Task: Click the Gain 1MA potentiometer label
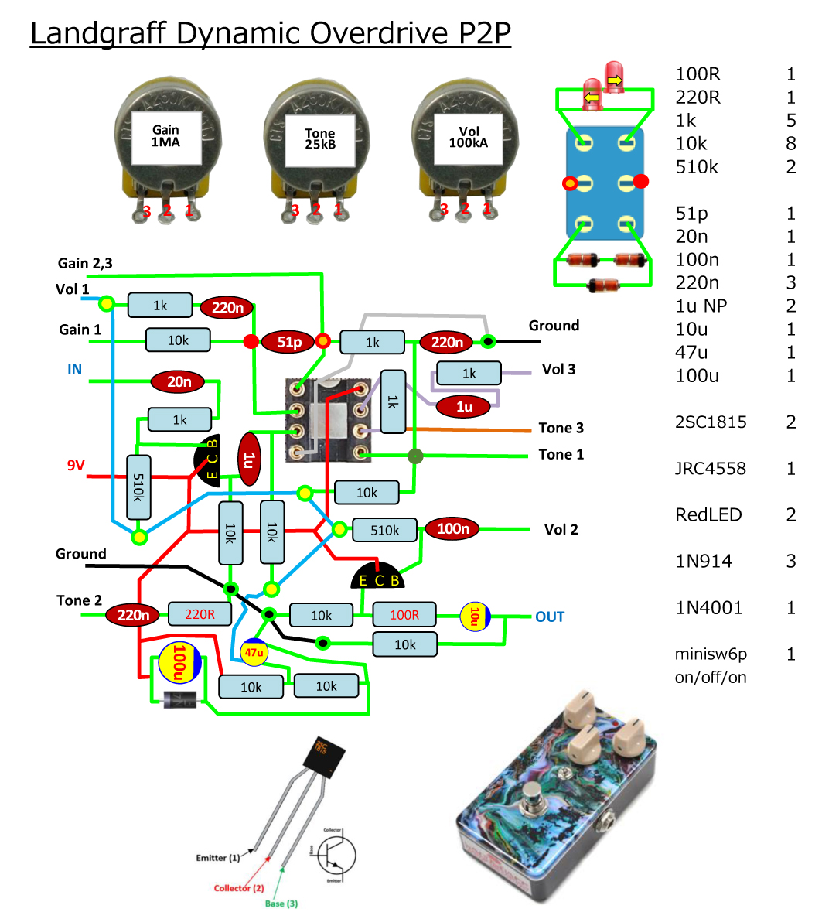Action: click(x=165, y=137)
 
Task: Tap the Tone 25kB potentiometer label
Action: click(x=319, y=139)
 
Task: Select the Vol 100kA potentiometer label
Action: click(x=469, y=138)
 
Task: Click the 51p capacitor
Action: click(x=289, y=342)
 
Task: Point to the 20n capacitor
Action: click(x=179, y=381)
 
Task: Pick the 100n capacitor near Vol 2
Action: click(x=453, y=529)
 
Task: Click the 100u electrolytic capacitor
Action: click(x=179, y=663)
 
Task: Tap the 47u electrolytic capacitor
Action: click(x=254, y=652)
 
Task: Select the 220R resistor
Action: click(x=200, y=614)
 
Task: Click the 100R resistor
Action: click(x=404, y=615)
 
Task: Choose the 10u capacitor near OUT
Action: click(x=474, y=617)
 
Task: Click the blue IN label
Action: click(x=74, y=370)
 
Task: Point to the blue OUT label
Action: click(x=550, y=617)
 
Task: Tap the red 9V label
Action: click(x=75, y=466)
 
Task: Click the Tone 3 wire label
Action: click(x=561, y=428)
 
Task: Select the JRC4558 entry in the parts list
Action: click(x=711, y=468)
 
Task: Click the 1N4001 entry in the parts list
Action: click(x=709, y=607)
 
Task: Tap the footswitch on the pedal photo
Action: click(x=532, y=794)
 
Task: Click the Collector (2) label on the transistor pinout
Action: click(x=239, y=888)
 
